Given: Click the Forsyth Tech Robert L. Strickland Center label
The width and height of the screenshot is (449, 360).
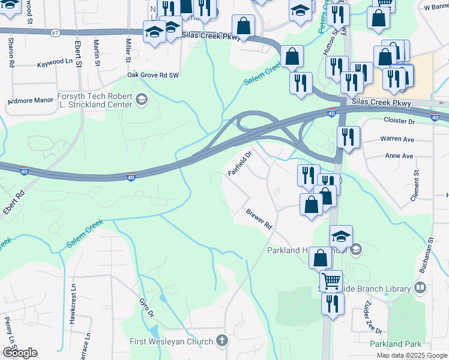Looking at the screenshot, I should (94, 100).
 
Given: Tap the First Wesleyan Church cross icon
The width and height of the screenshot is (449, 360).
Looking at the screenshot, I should (222, 341).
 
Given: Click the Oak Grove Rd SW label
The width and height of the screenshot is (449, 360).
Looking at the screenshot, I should (153, 76).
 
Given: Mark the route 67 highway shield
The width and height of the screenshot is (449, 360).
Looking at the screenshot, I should (55, 32).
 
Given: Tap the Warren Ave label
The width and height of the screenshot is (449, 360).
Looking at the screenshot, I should (397, 139).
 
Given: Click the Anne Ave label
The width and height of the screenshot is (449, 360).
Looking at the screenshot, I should (399, 156).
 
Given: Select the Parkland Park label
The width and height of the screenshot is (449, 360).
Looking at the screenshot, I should (396, 344).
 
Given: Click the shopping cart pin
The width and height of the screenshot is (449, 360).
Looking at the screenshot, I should (331, 280).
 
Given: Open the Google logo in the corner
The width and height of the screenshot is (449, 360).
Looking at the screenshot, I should (20, 353).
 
